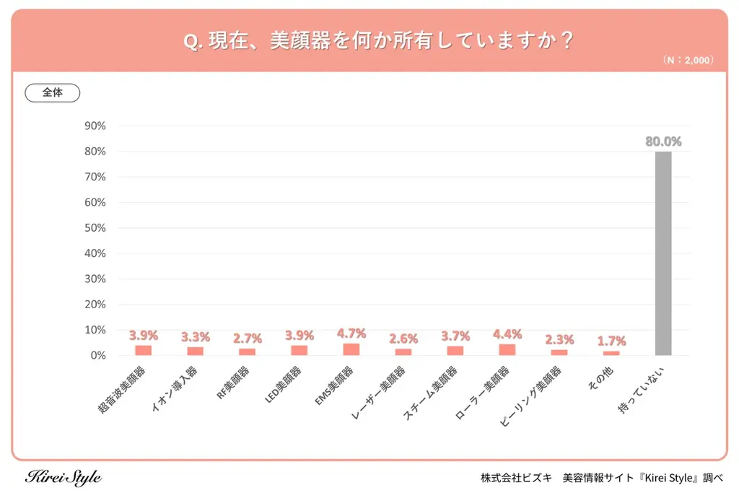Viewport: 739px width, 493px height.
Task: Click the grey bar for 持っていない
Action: pyautogui.click(x=663, y=253)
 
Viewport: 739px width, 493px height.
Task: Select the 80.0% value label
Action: pyautogui.click(x=663, y=141)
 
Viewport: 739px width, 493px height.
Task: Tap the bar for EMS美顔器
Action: pyautogui.click(x=351, y=349)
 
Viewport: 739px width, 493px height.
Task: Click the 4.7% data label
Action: pyautogui.click(x=351, y=333)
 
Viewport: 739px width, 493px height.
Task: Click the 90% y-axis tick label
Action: pyautogui.click(x=95, y=126)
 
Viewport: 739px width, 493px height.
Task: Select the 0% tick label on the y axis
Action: pyautogui.click(x=98, y=355)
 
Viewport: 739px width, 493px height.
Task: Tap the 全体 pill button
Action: pyautogui.click(x=52, y=93)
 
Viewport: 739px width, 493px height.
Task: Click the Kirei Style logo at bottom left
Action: pyautogui.click(x=64, y=478)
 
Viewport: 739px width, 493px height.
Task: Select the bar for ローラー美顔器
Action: pyautogui.click(x=507, y=349)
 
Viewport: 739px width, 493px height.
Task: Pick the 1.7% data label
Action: pyautogui.click(x=611, y=341)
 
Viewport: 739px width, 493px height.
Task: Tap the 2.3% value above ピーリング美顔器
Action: pyautogui.click(x=559, y=339)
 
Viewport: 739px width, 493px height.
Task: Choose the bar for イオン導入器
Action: pyautogui.click(x=195, y=351)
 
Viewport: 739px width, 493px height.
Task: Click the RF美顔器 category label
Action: pyautogui.click(x=237, y=383)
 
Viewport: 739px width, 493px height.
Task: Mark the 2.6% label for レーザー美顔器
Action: pyautogui.click(x=403, y=339)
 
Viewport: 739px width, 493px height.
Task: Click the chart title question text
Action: pyautogui.click(x=378, y=41)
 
